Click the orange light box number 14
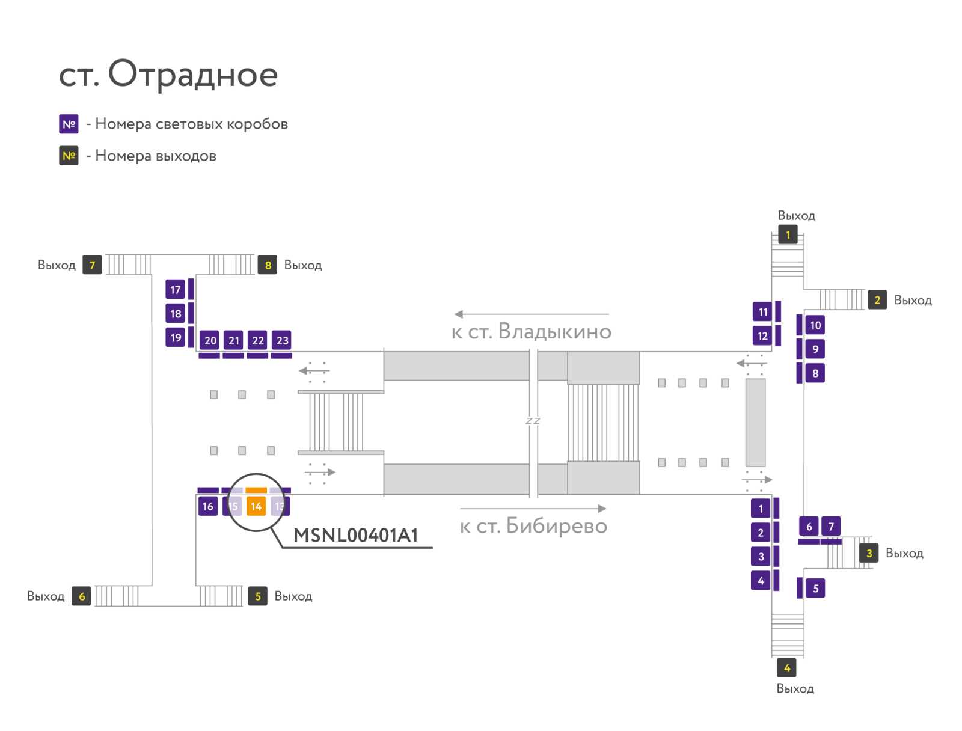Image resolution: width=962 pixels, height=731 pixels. pyautogui.click(x=256, y=506)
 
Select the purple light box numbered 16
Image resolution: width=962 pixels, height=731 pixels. pyautogui.click(x=208, y=506)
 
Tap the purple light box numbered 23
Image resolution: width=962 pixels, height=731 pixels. pyautogui.click(x=281, y=340)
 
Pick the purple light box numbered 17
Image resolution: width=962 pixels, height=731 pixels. pyautogui.click(x=175, y=289)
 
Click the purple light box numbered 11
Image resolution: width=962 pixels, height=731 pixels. pyautogui.click(x=762, y=311)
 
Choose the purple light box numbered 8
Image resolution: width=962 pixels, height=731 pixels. pyautogui.click(x=815, y=373)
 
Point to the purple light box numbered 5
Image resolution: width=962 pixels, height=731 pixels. pyautogui.click(x=815, y=588)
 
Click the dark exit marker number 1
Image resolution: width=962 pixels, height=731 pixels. pyautogui.click(x=788, y=235)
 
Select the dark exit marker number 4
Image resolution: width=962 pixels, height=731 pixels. pyautogui.click(x=786, y=667)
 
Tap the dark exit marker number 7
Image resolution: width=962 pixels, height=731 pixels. pyautogui.click(x=92, y=265)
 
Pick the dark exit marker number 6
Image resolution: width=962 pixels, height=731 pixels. pyautogui.click(x=81, y=596)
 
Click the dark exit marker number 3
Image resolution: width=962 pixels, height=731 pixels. pyautogui.click(x=869, y=552)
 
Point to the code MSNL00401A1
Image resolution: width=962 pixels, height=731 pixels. pyautogui.click(x=355, y=535)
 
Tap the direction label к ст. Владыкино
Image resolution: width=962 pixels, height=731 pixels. pyautogui.click(x=531, y=331)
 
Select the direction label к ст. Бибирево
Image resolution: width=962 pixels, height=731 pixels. pyautogui.click(x=533, y=525)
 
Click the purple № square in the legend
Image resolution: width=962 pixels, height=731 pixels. pyautogui.click(x=69, y=124)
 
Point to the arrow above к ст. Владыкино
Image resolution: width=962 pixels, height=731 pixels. pyautogui.click(x=532, y=314)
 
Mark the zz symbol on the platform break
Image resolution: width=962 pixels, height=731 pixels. pyautogui.click(x=533, y=420)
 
